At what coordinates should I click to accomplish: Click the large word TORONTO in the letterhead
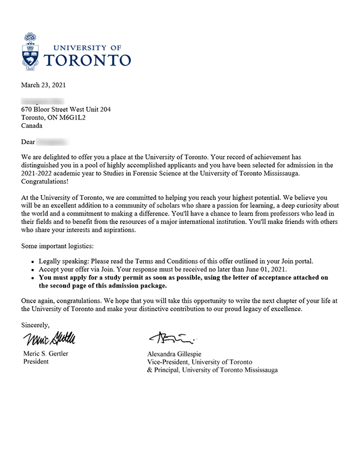[x=88, y=59]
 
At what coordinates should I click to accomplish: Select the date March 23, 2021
[x=47, y=85]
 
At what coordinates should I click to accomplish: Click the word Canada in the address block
[x=32, y=127]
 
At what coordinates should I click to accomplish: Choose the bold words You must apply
[x=65, y=278]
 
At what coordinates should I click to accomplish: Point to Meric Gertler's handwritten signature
[x=50, y=339]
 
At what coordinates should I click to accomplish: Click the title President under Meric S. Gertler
[x=38, y=362]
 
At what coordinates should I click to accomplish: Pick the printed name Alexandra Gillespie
[x=179, y=353]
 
